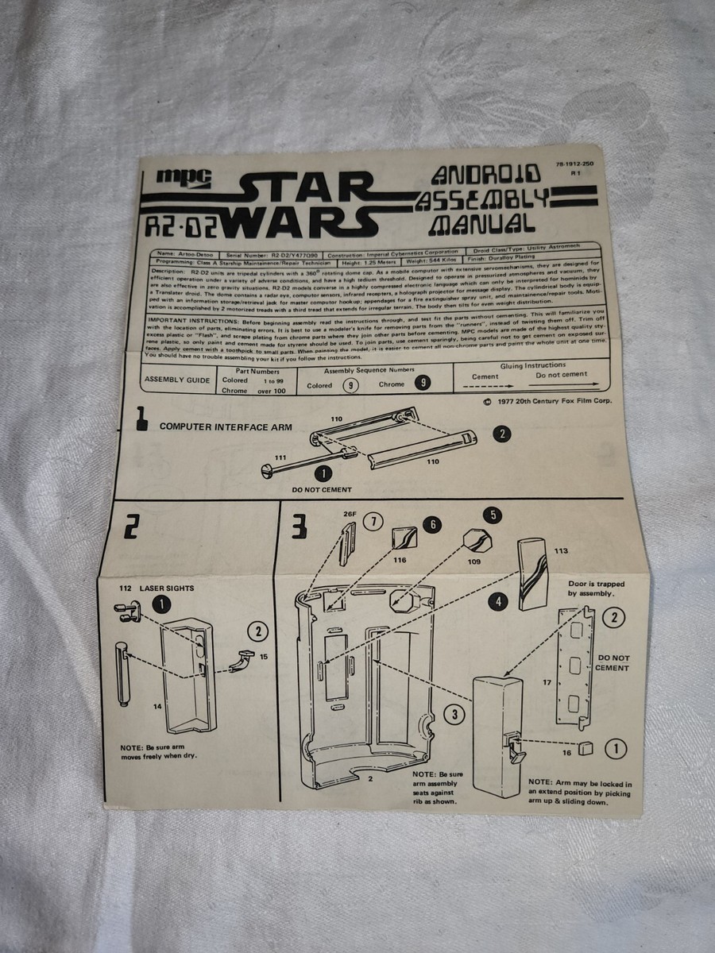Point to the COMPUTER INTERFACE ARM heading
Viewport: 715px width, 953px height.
(x=226, y=426)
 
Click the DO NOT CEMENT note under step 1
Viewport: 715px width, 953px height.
(x=322, y=490)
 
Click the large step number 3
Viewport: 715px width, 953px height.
(x=298, y=527)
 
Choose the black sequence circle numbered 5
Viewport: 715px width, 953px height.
(x=493, y=515)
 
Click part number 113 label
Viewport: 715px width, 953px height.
(x=561, y=549)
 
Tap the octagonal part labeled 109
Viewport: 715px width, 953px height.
(x=477, y=542)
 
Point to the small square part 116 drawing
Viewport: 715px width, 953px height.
(x=403, y=539)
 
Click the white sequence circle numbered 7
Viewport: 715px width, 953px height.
(x=373, y=522)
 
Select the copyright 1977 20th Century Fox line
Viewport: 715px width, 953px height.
(x=547, y=402)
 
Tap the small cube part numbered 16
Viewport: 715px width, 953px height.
(x=586, y=749)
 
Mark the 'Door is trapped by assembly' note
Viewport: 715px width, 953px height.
(x=596, y=588)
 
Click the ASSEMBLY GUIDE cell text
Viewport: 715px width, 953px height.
(x=177, y=380)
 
